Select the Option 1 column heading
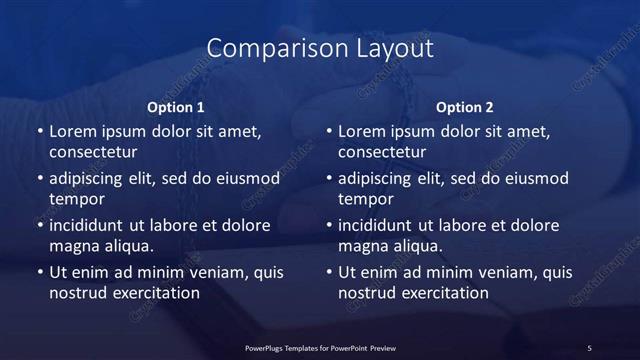point(176,107)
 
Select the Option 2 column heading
point(465,107)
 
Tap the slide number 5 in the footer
point(589,347)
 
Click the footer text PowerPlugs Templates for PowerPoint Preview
point(320,347)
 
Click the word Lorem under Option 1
point(72,131)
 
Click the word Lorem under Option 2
point(361,131)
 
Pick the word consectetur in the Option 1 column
point(93,152)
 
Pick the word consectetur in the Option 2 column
point(382,152)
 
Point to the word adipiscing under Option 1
point(91,179)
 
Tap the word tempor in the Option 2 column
point(366,199)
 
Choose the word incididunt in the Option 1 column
point(91,225)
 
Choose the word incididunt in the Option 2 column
point(380,225)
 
